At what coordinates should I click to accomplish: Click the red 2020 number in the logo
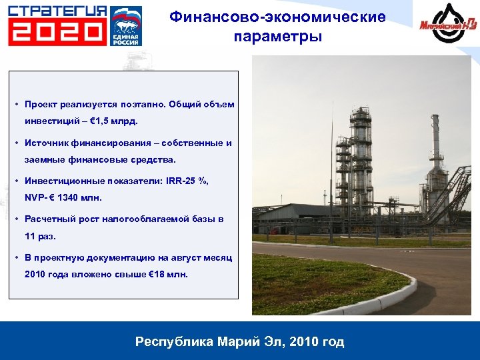coord(57,31)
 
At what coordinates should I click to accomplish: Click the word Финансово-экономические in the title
coord(277,17)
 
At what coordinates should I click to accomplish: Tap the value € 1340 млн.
coord(73,198)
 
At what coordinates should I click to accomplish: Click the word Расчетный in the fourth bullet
coord(47,219)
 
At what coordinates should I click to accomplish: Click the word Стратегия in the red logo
coord(57,11)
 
